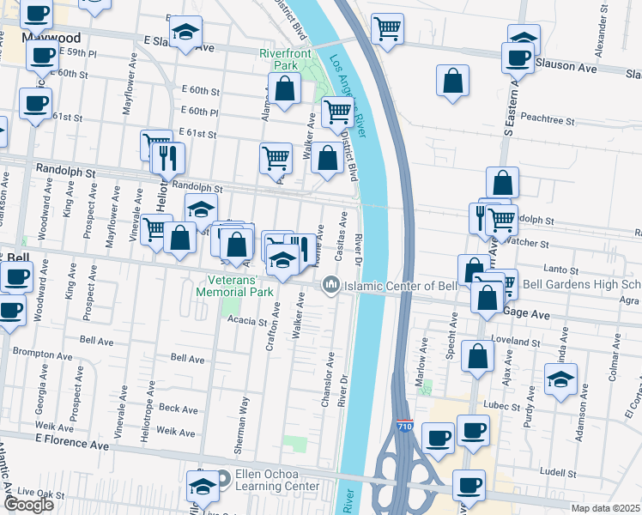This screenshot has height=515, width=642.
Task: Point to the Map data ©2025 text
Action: click(605, 508)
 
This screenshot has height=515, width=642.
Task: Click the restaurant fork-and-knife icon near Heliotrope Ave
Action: click(167, 158)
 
